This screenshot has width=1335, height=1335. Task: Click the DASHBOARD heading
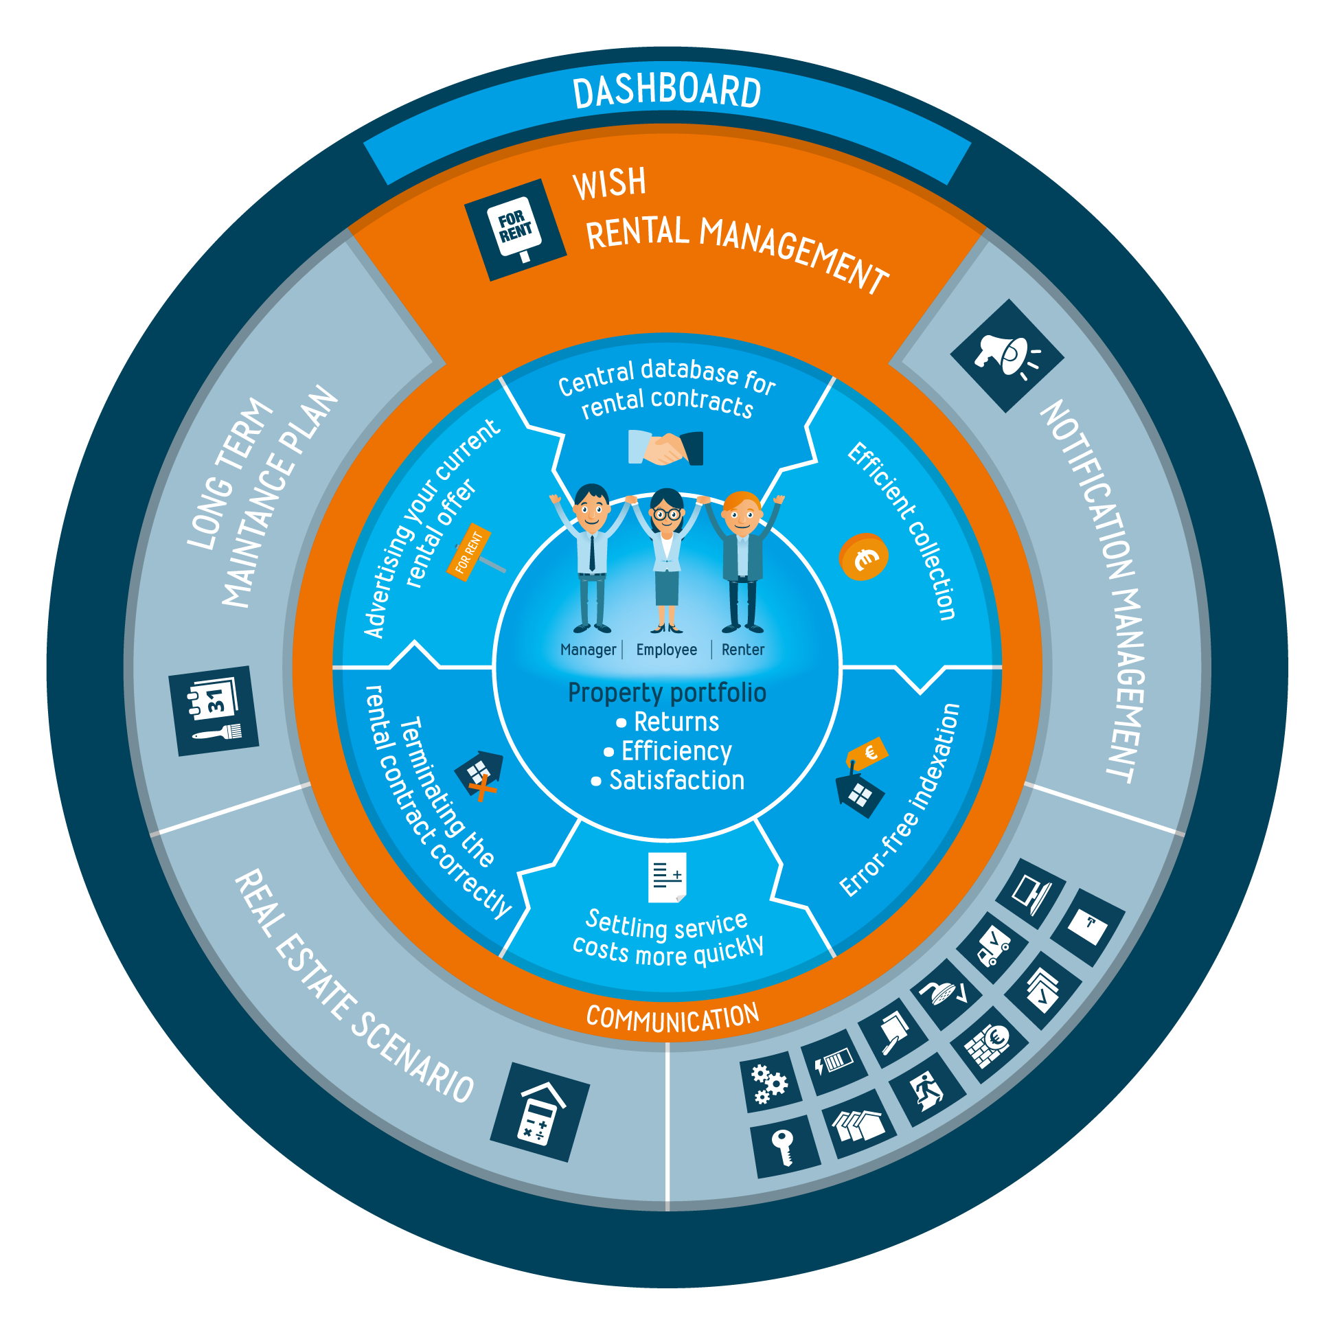(667, 92)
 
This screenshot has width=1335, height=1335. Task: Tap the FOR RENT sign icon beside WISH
(516, 229)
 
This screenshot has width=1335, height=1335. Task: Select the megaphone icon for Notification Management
(1006, 355)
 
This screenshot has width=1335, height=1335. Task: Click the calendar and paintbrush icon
(214, 710)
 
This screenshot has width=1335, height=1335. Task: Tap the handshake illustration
(665, 448)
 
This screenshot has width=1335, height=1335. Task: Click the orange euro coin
(863, 557)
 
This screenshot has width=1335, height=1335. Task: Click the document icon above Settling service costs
(667, 877)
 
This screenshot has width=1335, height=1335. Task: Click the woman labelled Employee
(667, 560)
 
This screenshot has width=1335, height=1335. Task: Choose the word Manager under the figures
(588, 650)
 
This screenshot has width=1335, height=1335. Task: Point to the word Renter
(743, 650)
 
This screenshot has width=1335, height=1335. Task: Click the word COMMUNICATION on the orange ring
(672, 1017)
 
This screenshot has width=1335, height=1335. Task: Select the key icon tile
(784, 1147)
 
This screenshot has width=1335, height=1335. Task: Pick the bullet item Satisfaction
(676, 780)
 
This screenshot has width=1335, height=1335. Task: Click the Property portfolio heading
(667, 692)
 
